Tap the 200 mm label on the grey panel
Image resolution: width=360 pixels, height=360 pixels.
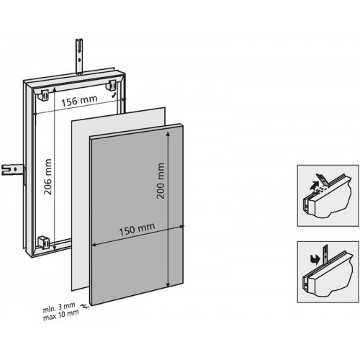pyautogui.click(x=160, y=181)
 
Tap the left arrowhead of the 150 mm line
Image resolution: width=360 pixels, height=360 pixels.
pyautogui.click(x=94, y=244)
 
